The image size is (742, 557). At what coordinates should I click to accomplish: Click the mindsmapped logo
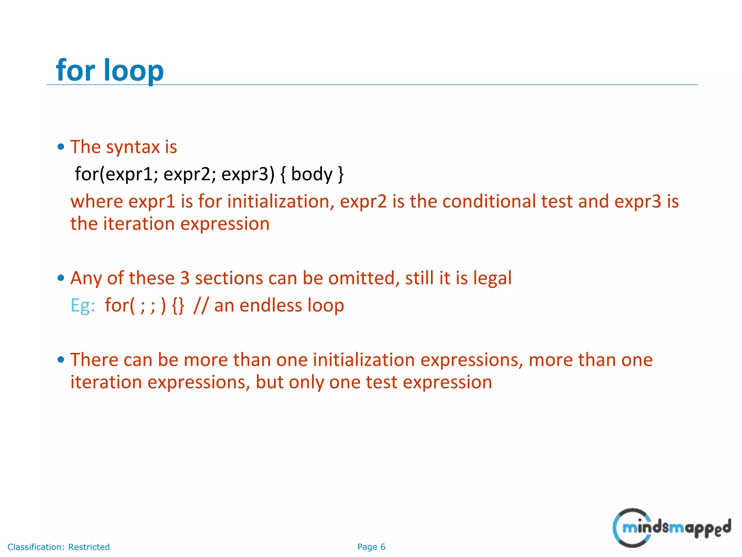671,528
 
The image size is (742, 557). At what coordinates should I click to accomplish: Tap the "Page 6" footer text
371,547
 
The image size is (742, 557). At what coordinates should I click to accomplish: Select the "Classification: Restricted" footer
58,547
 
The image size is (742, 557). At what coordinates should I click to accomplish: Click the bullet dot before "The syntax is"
61,147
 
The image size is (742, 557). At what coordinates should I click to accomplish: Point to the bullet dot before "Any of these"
61,278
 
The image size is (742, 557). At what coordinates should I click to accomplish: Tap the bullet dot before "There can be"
61,360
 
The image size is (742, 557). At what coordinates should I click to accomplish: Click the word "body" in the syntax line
312,174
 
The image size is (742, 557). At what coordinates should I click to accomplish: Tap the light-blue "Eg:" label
83,305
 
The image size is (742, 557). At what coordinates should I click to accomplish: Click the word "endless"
271,305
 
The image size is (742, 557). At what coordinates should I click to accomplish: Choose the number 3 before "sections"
185,278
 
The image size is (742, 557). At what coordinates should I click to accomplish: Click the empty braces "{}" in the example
178,306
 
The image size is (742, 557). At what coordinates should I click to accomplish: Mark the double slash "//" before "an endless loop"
201,305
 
